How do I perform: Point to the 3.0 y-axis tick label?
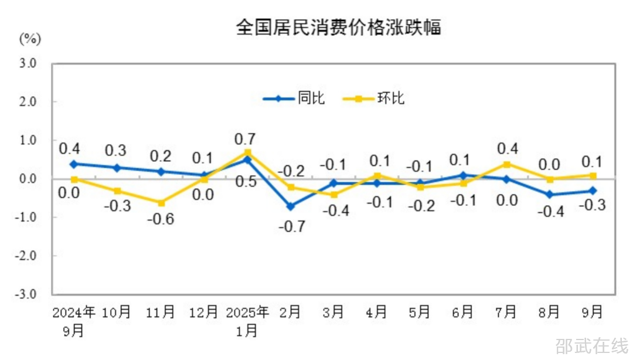pyautogui.click(x=28, y=63)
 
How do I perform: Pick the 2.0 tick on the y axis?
pyautogui.click(x=28, y=101)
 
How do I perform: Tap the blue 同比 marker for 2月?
pyautogui.click(x=291, y=206)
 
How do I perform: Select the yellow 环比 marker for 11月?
pyautogui.click(x=161, y=203)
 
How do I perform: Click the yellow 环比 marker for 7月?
pyautogui.click(x=506, y=164)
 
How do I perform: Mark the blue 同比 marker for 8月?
pyautogui.click(x=550, y=195)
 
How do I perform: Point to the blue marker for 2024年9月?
pyautogui.click(x=74, y=164)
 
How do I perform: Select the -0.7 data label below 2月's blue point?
pyautogui.click(x=291, y=226)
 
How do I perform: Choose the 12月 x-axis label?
pyautogui.click(x=203, y=313)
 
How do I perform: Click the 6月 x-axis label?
pyautogui.click(x=462, y=313)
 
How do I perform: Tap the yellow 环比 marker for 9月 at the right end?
pyautogui.click(x=593, y=175)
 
